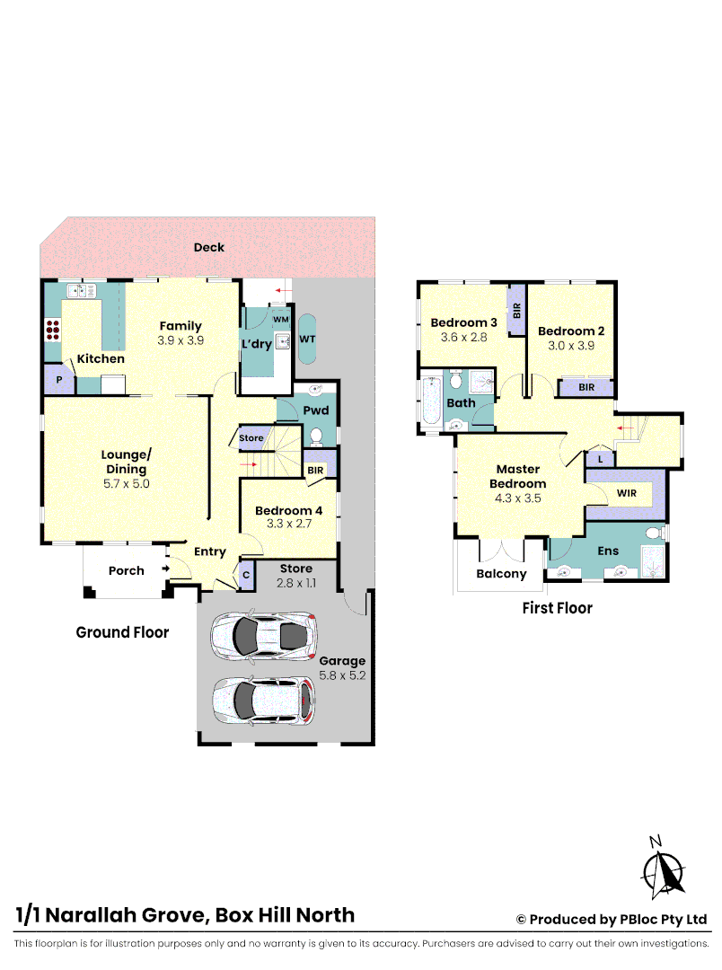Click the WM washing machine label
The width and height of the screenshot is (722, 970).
tap(280, 319)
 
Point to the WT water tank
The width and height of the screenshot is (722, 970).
tap(307, 339)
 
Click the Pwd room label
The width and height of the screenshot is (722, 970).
tap(315, 410)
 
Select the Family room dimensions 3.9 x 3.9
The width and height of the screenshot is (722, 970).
tap(180, 340)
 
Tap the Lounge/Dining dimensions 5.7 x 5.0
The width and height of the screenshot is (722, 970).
tap(125, 482)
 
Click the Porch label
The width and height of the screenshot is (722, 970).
tap(126, 570)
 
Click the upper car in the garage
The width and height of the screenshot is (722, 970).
tap(264, 636)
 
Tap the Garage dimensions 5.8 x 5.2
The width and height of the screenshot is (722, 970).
tap(342, 675)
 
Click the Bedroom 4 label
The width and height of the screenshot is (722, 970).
tap(288, 511)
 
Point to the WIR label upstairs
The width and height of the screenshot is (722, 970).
tap(626, 494)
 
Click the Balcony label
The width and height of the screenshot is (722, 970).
tap(500, 574)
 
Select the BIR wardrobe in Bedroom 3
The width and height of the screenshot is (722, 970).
tap(516, 311)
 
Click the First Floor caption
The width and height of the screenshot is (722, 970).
tap(557, 608)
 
